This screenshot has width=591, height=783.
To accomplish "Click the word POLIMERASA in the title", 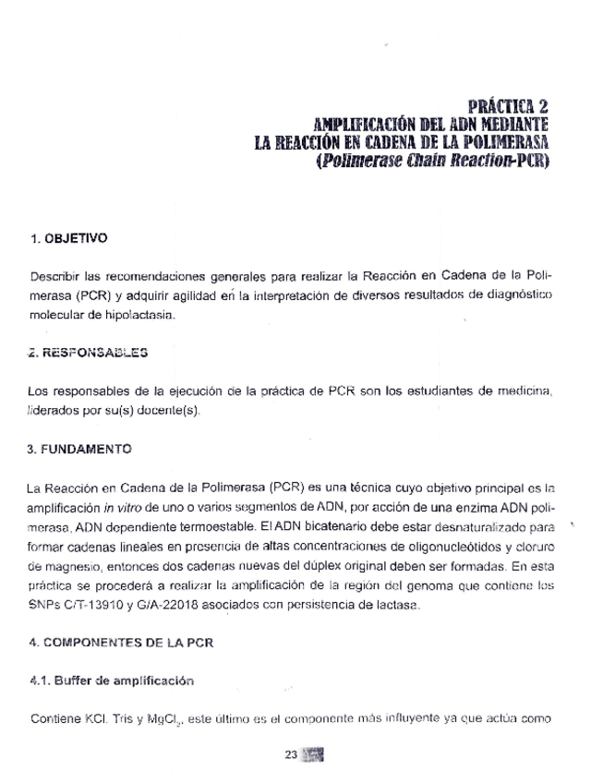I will coord(500,143).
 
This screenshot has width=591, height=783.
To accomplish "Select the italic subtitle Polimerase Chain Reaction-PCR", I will coord(431,162).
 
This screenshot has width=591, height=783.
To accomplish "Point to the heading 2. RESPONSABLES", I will coord(88,352).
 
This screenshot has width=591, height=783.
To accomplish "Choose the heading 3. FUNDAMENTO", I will coord(79,449).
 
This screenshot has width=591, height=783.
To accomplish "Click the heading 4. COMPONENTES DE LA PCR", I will coord(121,643).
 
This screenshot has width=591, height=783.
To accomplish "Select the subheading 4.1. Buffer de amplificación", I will coord(111,681).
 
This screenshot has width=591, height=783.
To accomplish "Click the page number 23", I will coord(291,754).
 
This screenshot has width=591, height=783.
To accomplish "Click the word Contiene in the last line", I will coord(57,719).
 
